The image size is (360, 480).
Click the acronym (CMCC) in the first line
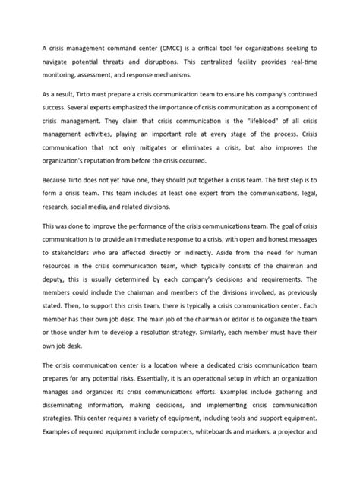(x=188, y=47)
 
